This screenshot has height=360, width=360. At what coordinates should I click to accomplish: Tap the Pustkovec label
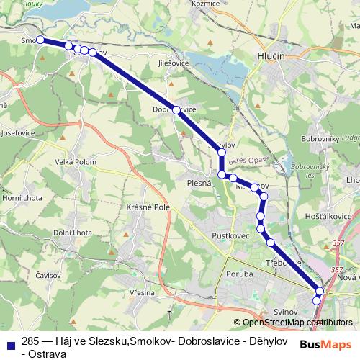tap(230, 235)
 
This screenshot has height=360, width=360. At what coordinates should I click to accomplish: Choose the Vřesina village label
tap(142, 293)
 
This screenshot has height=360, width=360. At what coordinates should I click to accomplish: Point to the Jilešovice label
tap(174, 63)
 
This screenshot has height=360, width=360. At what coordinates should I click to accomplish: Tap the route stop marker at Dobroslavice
tap(176, 110)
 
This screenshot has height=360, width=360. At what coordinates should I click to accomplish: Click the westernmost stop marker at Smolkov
tap(40, 40)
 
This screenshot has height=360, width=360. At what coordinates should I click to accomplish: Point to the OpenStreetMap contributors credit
tap(293, 323)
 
